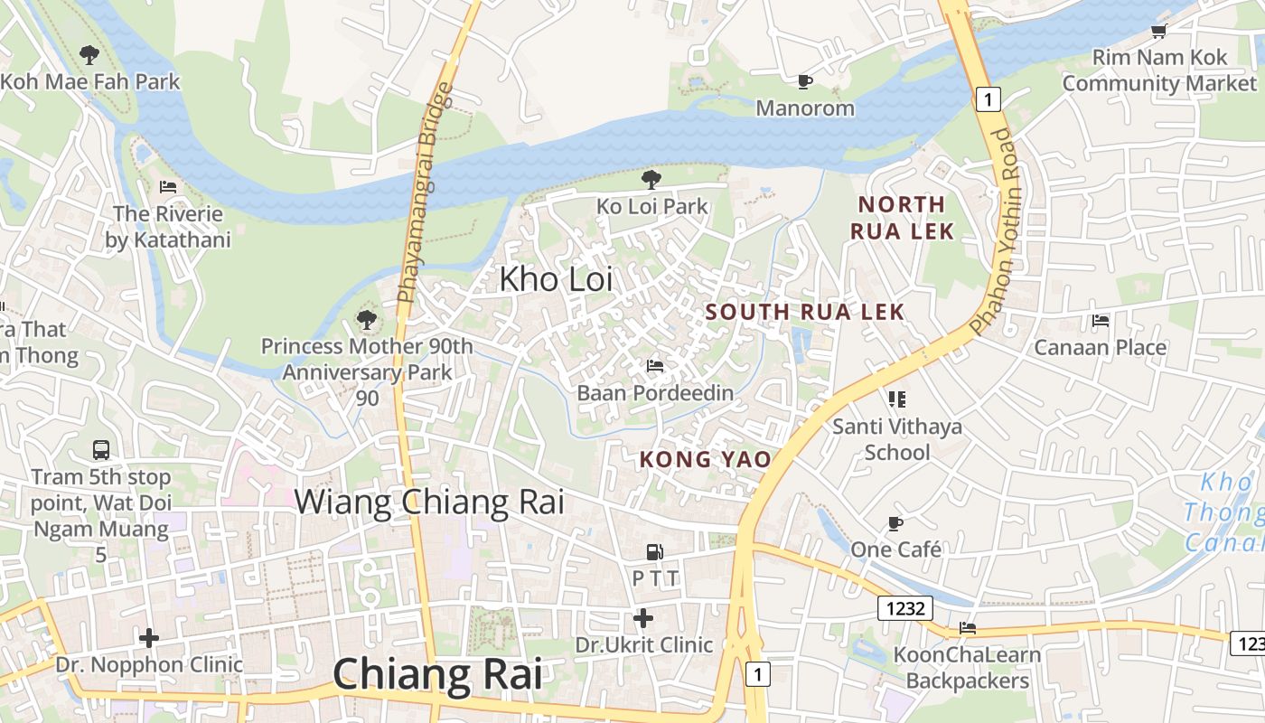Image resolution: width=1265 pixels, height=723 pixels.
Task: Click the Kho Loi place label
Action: click(x=556, y=279)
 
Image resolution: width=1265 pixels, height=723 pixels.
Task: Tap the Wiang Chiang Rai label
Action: click(x=429, y=502)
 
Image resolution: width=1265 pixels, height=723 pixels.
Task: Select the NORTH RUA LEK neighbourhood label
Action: click(x=902, y=218)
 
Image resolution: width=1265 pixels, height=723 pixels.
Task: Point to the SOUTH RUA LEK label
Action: click(x=804, y=313)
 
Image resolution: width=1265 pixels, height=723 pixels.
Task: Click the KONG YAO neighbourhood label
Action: click(x=705, y=459)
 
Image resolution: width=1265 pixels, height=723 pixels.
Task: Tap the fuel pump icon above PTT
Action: click(x=654, y=551)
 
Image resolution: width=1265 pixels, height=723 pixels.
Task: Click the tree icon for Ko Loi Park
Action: click(x=651, y=179)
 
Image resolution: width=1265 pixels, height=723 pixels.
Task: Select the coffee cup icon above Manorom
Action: click(x=804, y=82)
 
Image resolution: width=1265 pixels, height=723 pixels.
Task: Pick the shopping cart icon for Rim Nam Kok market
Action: click(x=1158, y=32)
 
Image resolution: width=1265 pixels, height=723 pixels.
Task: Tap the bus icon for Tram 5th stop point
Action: click(x=101, y=449)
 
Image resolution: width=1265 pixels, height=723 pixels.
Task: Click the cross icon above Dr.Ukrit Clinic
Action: click(x=643, y=618)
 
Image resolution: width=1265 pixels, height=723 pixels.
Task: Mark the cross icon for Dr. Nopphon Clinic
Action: click(x=149, y=638)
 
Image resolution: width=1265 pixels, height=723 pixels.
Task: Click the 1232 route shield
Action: click(x=905, y=608)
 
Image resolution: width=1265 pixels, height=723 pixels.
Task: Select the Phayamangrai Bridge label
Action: click(x=424, y=192)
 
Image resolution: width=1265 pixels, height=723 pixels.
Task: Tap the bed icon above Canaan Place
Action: click(x=1100, y=321)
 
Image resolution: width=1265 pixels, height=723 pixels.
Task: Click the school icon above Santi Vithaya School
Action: click(x=896, y=399)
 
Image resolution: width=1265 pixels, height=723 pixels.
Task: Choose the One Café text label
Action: click(x=895, y=549)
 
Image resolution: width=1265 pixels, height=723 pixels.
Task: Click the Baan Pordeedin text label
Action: click(x=655, y=393)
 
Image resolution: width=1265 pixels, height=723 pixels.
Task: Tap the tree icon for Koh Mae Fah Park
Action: click(x=89, y=55)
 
